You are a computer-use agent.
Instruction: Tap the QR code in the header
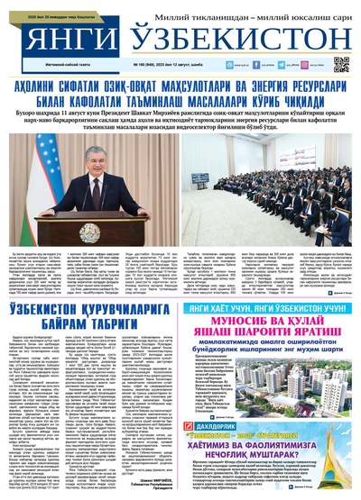340,64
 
